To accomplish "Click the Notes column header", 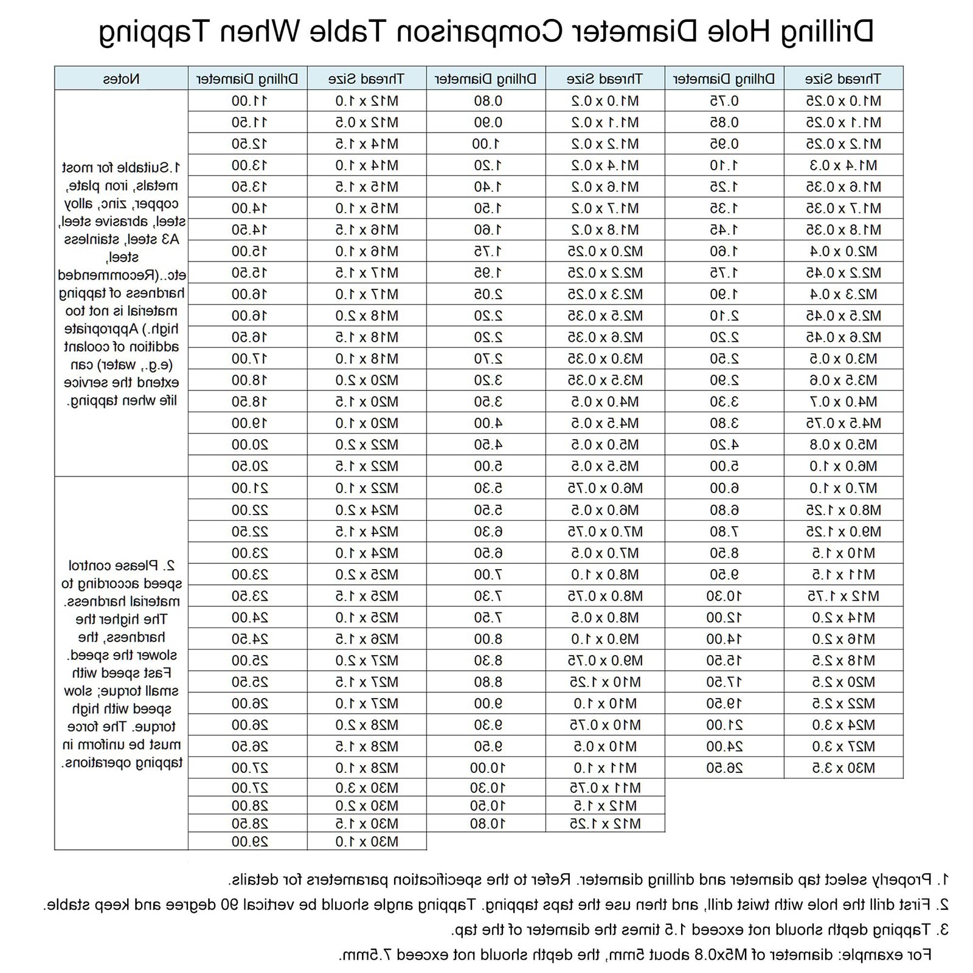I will tap(121, 79).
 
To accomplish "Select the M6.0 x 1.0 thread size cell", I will tap(843, 466).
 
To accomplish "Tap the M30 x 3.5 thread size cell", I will tap(843, 768).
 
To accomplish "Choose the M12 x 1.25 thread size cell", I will tap(605, 824).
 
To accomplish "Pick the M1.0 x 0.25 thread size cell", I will tap(843, 101).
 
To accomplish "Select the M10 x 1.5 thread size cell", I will tap(843, 553).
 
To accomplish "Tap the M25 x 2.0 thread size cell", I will tap(367, 575).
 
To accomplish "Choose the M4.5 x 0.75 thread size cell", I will tap(843, 423).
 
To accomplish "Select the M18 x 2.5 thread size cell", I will tap(843, 660).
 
